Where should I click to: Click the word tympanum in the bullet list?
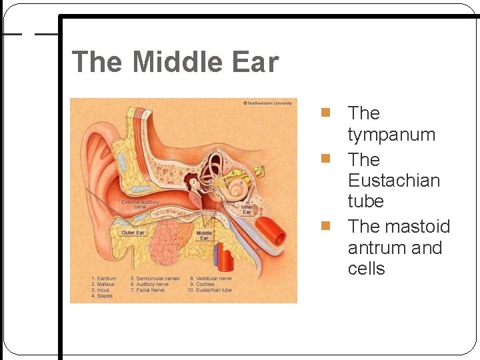click(x=391, y=135)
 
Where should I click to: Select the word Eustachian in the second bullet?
click(x=393, y=181)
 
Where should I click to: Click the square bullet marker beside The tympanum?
click(x=326, y=113)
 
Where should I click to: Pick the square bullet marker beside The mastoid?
click(x=326, y=226)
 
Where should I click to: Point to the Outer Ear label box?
click(x=133, y=233)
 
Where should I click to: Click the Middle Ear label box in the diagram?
click(x=204, y=235)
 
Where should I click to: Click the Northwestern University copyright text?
click(x=267, y=103)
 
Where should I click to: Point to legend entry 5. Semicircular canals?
click(x=155, y=278)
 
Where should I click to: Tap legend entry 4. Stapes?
click(x=102, y=296)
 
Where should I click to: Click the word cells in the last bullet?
click(x=366, y=269)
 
